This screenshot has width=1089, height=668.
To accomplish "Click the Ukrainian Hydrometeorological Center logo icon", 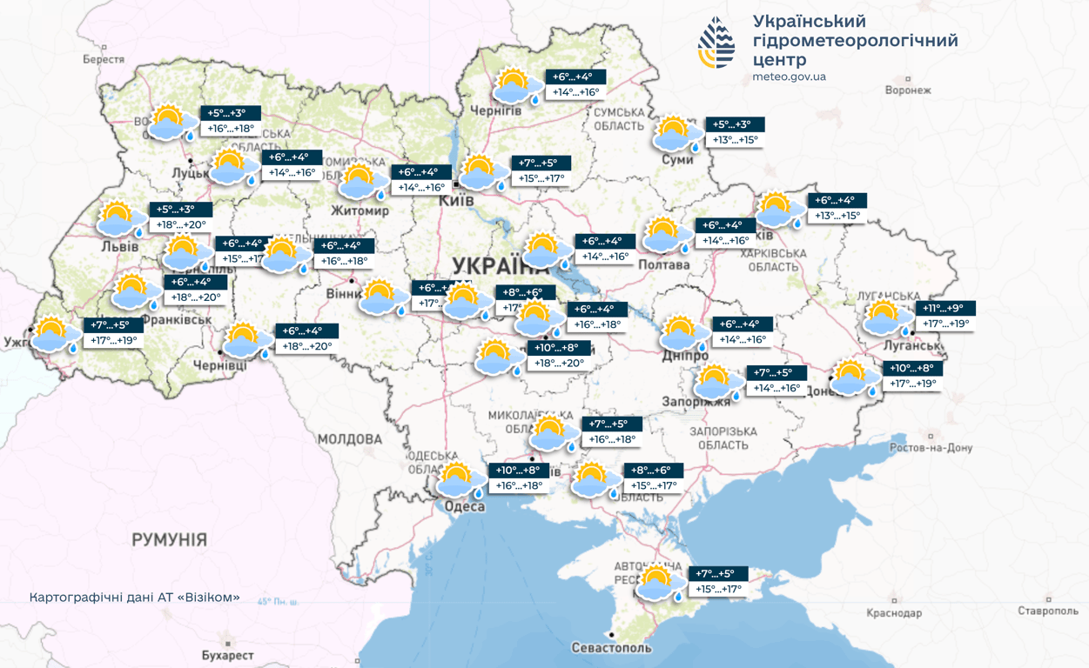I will point(716,43).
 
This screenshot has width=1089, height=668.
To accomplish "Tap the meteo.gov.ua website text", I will point(789,77).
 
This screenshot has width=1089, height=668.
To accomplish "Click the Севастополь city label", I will point(611,648).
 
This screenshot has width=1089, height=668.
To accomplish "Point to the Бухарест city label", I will point(227,655).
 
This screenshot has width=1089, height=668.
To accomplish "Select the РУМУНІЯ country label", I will point(170,540).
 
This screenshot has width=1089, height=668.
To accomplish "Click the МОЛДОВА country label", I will point(349,439).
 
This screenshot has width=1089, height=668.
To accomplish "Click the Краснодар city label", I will point(894,613).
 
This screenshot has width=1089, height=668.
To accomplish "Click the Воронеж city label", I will point(907,90).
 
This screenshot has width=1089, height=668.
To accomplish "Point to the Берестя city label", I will point(104,60).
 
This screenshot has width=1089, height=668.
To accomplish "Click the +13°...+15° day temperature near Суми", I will point(736,140).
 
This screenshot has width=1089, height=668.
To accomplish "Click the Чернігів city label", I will point(495,111).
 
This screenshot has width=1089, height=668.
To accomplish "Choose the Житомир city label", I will point(360,210).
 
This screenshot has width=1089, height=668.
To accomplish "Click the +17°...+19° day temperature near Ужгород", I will point(113,340).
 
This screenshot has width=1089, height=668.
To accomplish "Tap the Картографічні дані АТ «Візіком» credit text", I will point(134,598).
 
